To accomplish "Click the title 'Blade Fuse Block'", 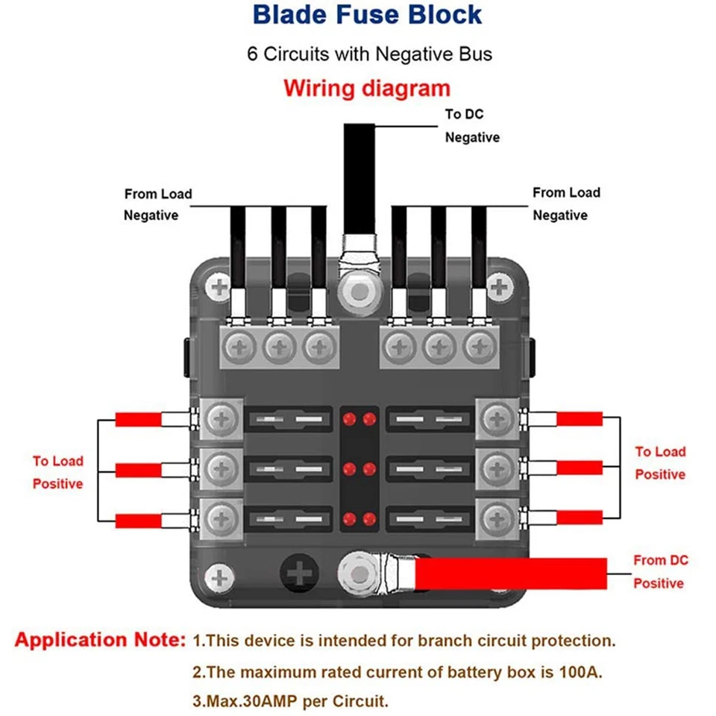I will pos(367,15).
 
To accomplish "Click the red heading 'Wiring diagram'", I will pos(367,89).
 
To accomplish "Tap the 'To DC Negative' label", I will pos(471,126).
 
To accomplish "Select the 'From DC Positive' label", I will pos(660,571).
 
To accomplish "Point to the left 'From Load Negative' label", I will pos(157,204).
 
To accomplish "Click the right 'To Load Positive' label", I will pos(660,462).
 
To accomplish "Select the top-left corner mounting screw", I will pos(220,287).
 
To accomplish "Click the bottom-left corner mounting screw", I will pos(220,577).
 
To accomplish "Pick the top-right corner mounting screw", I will pos(499,287).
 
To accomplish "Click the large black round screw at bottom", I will pos(301,575).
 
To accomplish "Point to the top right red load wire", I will pos(580,418).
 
